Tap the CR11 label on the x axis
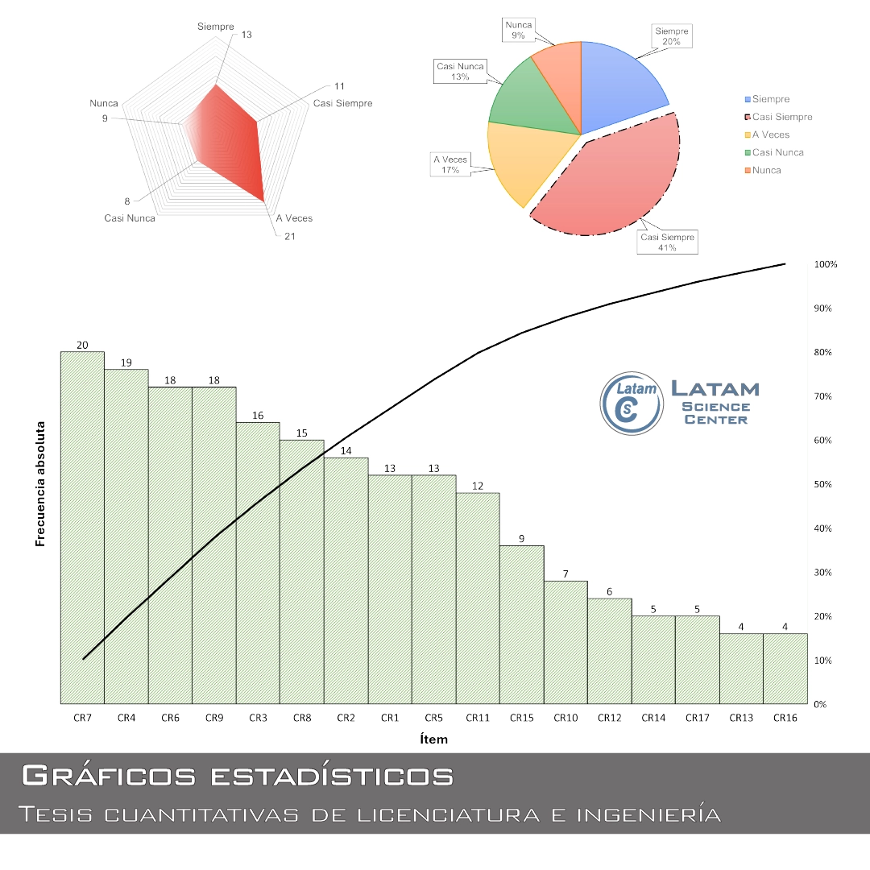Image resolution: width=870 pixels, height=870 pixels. tap(478, 718)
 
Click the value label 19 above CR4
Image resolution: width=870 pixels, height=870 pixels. tap(126, 362)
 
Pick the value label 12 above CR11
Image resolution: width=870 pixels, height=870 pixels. tap(478, 486)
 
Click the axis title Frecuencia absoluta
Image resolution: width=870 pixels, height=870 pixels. tap(39, 483)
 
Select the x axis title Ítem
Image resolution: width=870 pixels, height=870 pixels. tap(433, 739)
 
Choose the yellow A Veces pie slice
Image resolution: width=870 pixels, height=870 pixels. tap(524, 161)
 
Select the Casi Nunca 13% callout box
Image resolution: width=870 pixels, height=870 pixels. tap(460, 72)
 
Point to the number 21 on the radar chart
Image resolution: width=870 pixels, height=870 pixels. tap(290, 236)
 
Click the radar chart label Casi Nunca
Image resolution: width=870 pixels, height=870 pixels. tap(130, 218)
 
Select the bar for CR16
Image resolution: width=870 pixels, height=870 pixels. tap(785, 669)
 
